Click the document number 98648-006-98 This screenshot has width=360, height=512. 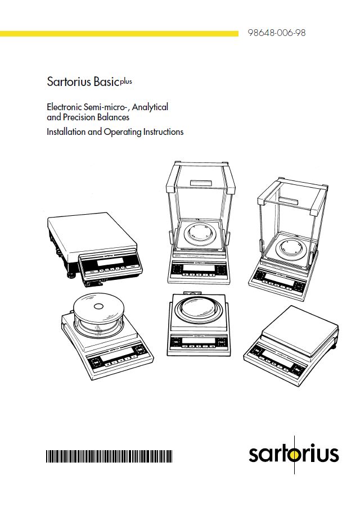277,33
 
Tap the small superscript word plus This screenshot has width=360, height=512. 126,81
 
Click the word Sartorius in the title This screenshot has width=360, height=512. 69,81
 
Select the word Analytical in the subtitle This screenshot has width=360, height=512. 150,107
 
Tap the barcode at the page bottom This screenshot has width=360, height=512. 109,456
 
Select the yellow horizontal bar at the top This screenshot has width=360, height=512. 119,34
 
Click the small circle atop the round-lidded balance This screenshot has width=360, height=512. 98,306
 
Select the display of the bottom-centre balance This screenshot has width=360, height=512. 199,341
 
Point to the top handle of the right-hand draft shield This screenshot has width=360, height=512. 289,201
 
